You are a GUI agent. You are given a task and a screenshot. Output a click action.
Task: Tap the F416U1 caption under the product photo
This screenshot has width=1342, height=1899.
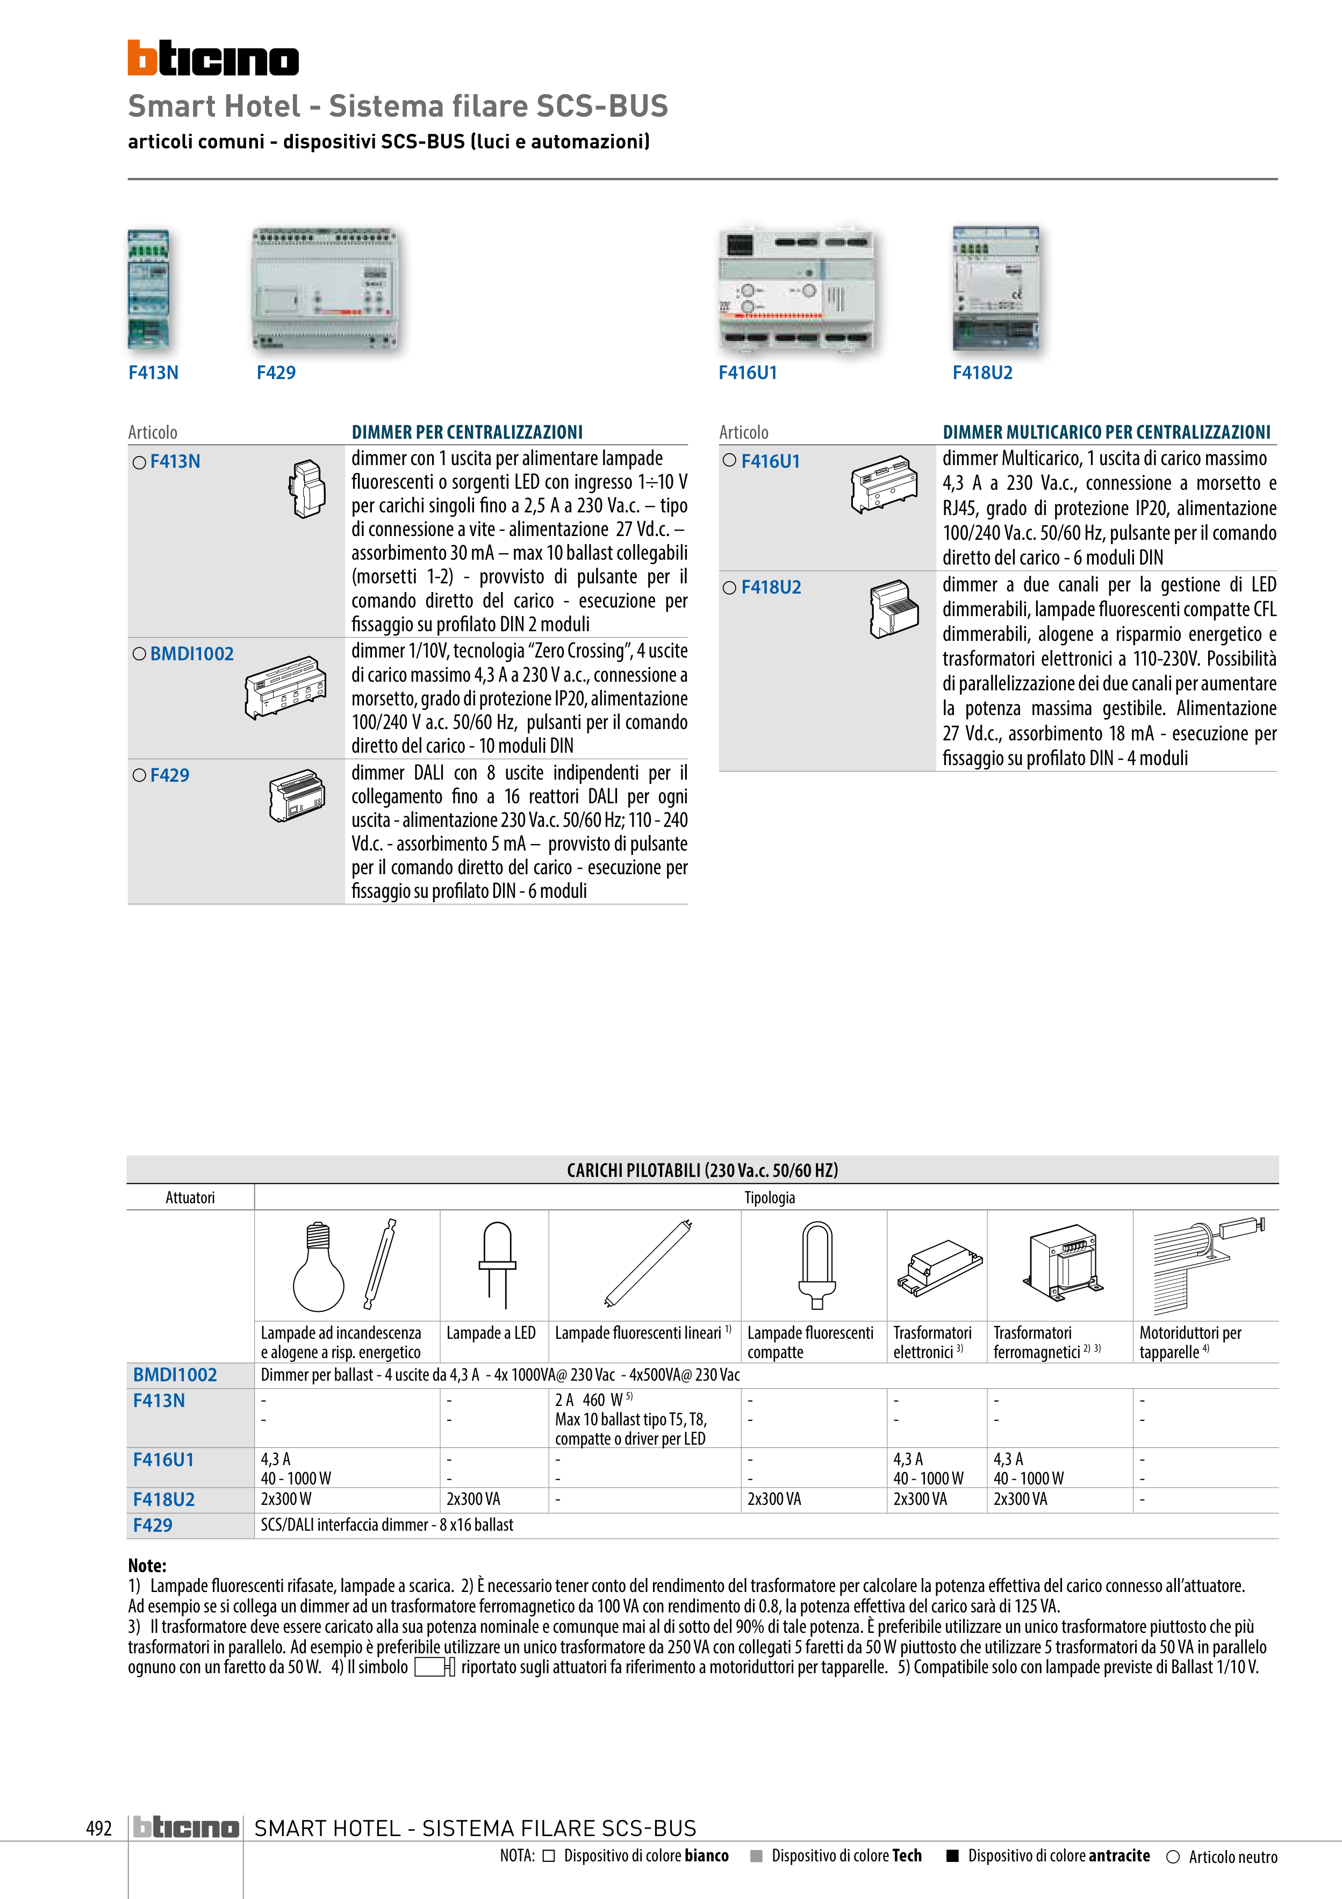[748, 373]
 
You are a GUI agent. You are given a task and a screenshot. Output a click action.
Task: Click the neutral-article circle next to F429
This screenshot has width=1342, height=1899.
[139, 775]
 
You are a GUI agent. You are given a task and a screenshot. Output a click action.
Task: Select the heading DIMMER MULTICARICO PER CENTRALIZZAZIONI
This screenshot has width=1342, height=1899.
[1107, 432]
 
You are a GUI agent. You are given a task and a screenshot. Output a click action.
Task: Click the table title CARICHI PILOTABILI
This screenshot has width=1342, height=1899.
[702, 1169]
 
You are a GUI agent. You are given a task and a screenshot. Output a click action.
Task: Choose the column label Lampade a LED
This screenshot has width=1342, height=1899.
[491, 1332]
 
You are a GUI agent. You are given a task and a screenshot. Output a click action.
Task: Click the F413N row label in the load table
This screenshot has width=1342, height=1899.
[159, 1400]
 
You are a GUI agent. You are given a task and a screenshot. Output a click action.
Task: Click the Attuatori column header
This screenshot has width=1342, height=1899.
[190, 1197]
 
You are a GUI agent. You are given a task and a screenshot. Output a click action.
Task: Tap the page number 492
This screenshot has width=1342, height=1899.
[99, 1828]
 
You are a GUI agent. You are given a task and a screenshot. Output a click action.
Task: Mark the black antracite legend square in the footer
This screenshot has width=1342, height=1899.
[952, 1855]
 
